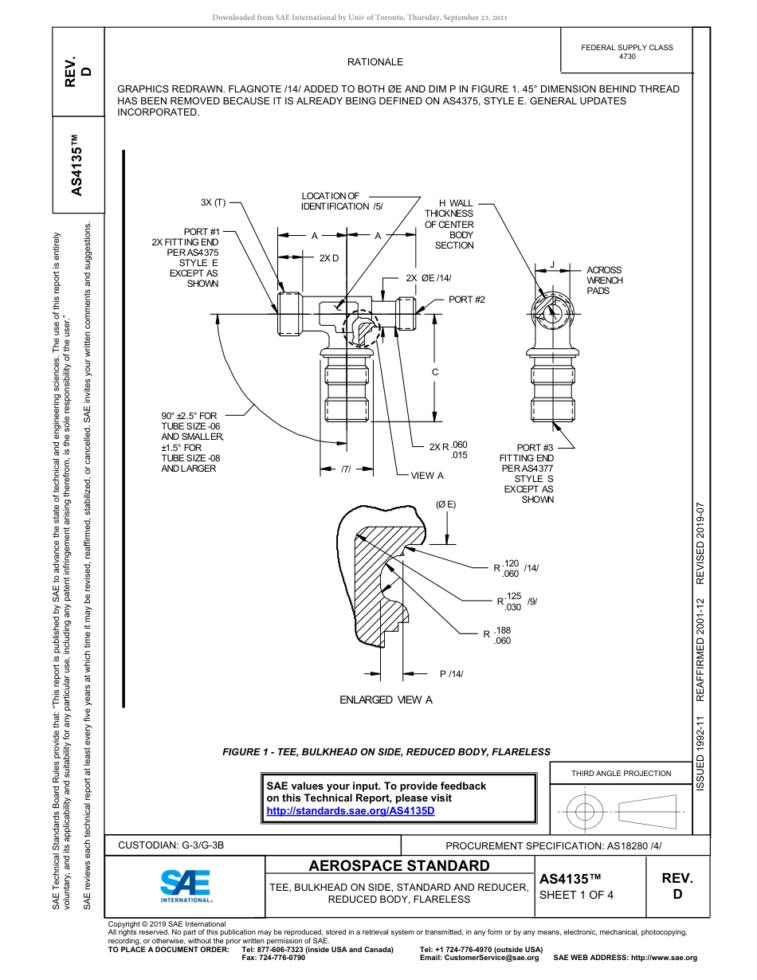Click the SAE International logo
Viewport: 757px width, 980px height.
[x=185, y=884]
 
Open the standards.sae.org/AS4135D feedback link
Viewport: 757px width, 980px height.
[x=351, y=810]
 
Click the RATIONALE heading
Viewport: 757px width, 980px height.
[x=375, y=62]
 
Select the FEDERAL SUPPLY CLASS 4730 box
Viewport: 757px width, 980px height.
[x=626, y=52]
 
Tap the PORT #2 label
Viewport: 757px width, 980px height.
[x=466, y=300]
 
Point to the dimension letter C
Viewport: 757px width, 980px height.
[x=435, y=372]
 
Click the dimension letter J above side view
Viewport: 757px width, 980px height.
[x=551, y=265]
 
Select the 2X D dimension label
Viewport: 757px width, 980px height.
[x=328, y=258]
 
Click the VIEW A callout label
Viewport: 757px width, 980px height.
[x=427, y=476]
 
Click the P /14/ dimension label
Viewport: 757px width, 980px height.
[x=451, y=675]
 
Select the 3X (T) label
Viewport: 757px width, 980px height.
[x=213, y=202]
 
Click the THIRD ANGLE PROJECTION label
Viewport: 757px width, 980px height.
[x=621, y=773]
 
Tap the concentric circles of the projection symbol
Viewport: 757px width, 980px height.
[x=585, y=813]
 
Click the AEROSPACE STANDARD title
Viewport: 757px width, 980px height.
[x=399, y=866]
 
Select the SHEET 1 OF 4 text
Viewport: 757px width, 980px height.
[x=576, y=895]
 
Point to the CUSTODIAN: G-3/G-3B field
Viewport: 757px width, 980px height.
[x=171, y=845]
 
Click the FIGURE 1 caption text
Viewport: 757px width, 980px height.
[x=386, y=751]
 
